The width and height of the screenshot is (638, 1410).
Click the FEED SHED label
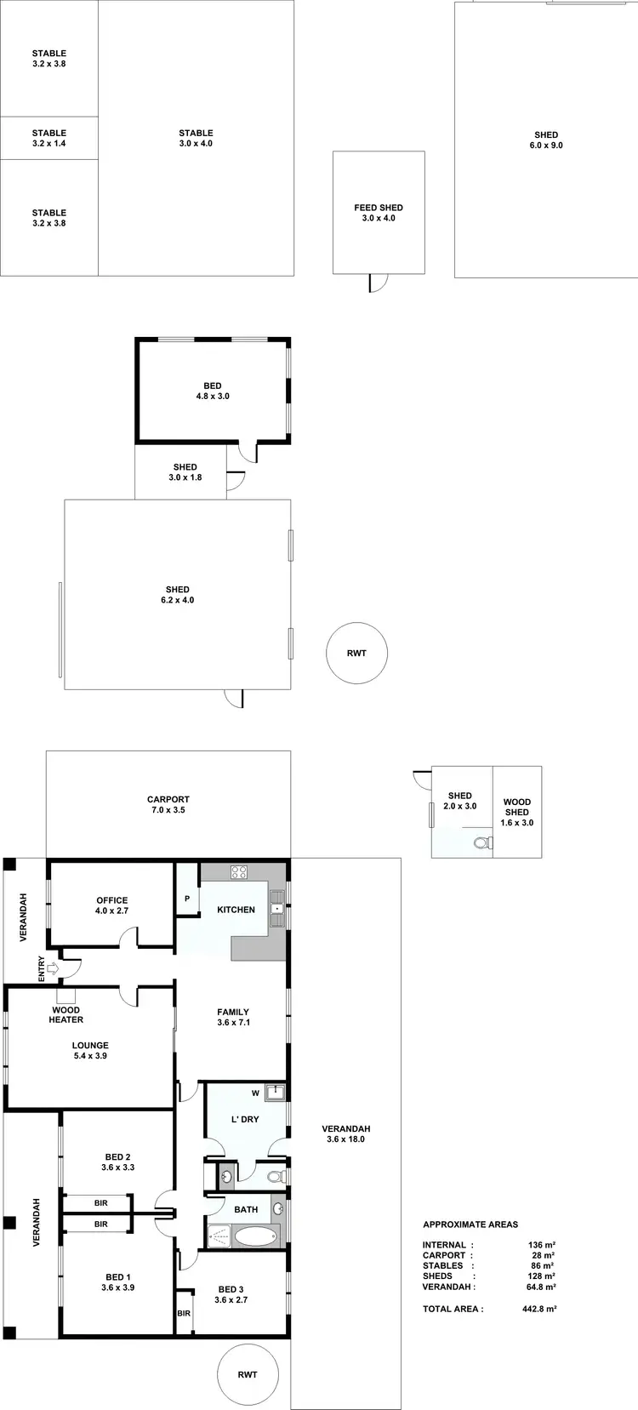click(x=379, y=208)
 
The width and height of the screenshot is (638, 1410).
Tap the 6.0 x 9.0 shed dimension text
click(x=546, y=146)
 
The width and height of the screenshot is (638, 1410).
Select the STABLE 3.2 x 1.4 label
click(x=49, y=138)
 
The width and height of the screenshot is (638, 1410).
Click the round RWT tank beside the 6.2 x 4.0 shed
click(x=357, y=653)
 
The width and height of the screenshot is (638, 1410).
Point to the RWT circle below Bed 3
click(x=248, y=1374)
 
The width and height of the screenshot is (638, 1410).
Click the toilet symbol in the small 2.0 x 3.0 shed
click(x=481, y=843)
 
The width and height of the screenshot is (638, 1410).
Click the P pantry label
click(x=187, y=899)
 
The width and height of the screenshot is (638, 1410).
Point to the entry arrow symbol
click(x=53, y=968)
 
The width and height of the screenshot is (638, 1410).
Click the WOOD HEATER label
click(x=66, y=1015)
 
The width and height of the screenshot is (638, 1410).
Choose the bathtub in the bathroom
click(x=255, y=1236)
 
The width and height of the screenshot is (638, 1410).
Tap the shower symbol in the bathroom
click(x=219, y=1236)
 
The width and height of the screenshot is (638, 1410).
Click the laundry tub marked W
click(x=274, y=1093)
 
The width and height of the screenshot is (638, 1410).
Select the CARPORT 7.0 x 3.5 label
click(x=168, y=805)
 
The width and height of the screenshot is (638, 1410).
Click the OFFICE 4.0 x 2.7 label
click(x=112, y=905)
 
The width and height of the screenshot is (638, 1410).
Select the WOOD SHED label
click(x=517, y=807)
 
